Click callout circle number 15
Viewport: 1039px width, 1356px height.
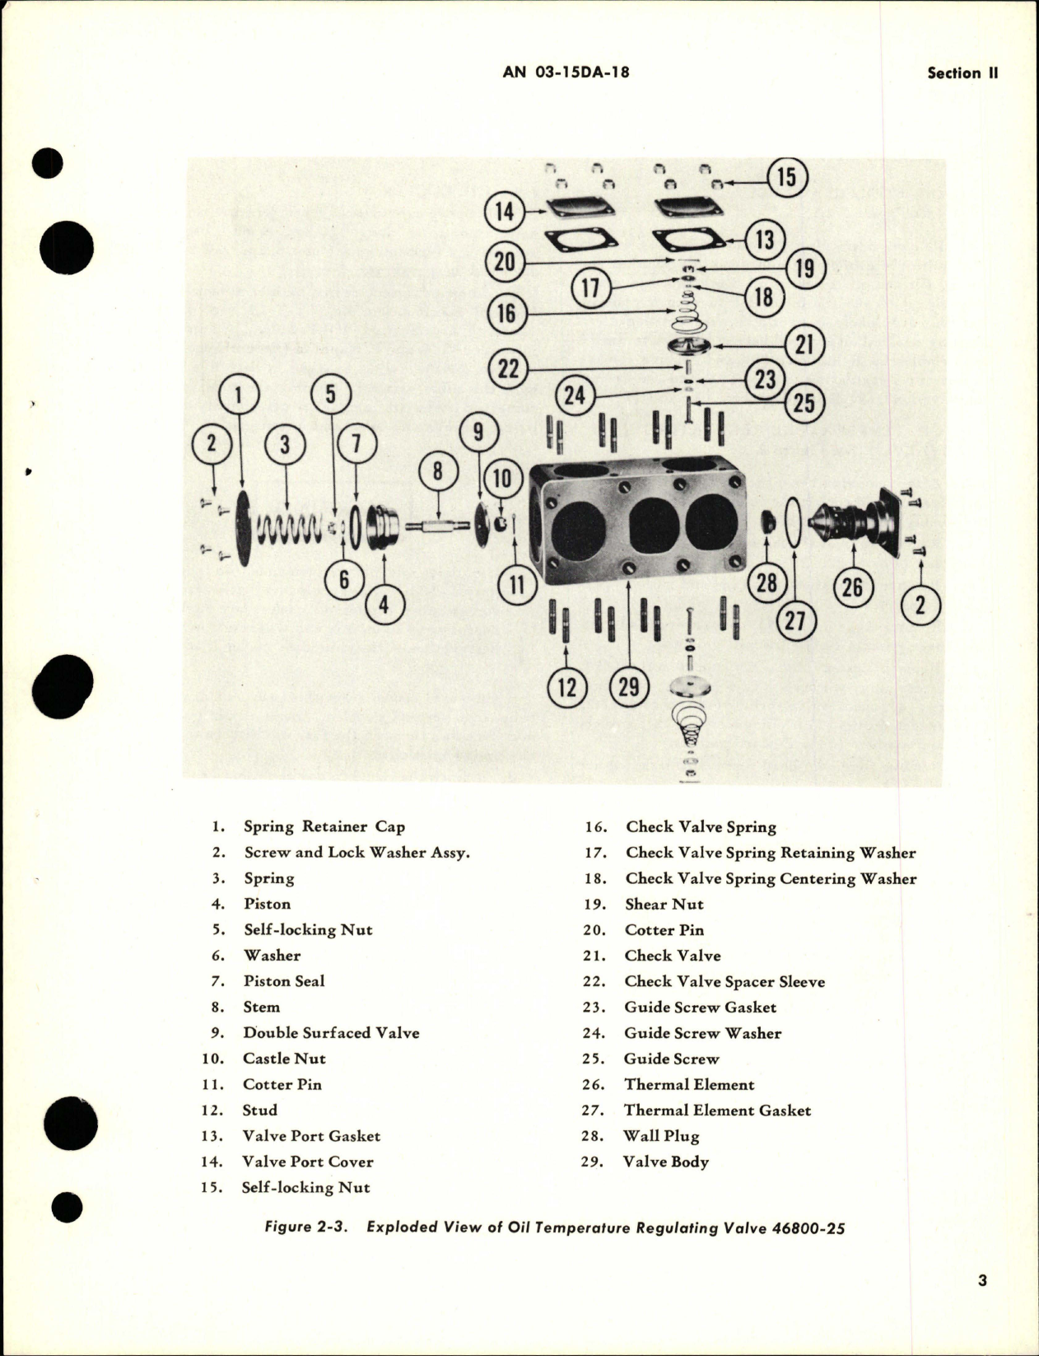click(786, 177)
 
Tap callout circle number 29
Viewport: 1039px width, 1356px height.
click(628, 685)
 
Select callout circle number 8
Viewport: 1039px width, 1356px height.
click(437, 471)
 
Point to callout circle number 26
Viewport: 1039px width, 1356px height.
click(852, 587)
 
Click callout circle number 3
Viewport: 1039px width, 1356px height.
click(285, 445)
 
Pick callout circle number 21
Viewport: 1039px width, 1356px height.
click(804, 344)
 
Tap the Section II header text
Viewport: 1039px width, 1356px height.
click(962, 72)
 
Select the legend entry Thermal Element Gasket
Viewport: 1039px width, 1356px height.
click(717, 1111)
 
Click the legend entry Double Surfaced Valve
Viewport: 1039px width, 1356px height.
click(331, 1033)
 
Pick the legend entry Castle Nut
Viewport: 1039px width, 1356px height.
click(284, 1059)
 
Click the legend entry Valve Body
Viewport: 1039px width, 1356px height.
click(665, 1162)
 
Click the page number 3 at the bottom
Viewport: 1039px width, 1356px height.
click(982, 1280)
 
